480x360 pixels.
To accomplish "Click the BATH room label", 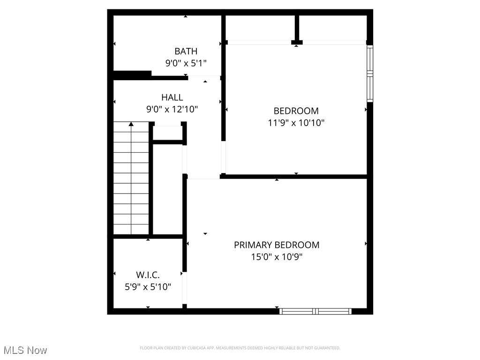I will [186, 51].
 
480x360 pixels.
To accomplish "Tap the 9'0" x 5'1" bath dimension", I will [186, 63].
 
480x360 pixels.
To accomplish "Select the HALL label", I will [172, 97].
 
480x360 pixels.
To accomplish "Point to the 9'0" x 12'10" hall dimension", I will [172, 109].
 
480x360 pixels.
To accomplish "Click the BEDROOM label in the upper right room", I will [296, 111].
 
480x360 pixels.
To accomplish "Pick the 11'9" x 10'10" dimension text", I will [296, 123].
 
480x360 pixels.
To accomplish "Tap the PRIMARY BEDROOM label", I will [277, 245].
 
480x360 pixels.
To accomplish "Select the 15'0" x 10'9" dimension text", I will [277, 257].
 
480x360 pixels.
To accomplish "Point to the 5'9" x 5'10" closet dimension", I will [148, 287].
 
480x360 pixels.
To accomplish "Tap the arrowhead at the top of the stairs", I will [131, 124].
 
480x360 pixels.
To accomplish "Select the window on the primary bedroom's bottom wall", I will [315, 311].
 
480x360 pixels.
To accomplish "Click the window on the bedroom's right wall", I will [370, 74].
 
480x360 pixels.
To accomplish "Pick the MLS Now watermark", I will [25, 350].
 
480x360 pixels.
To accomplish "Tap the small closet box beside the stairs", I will [167, 133].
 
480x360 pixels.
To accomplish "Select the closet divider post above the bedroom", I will [297, 30].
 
